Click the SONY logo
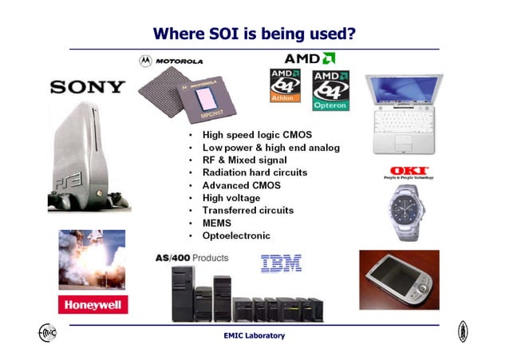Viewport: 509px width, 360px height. (x=88, y=87)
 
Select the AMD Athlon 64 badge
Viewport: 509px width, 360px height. (x=286, y=85)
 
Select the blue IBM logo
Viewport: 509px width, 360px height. (x=281, y=263)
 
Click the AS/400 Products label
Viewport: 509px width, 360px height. (x=191, y=258)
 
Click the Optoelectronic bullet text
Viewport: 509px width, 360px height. (x=236, y=236)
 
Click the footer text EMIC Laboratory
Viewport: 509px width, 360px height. (x=254, y=336)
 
